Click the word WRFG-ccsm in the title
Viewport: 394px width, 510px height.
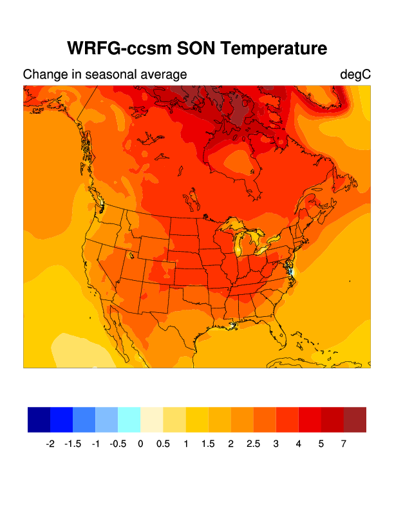tap(120, 49)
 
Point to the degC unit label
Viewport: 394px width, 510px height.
tap(355, 75)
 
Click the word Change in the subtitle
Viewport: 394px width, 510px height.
tap(44, 75)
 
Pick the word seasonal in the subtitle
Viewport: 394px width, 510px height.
tap(111, 75)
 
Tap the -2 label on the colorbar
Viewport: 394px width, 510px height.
tap(50, 444)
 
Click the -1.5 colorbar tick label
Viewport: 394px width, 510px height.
tap(73, 444)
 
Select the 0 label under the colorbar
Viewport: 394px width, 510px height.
tap(140, 444)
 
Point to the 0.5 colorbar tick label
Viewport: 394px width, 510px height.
tap(163, 444)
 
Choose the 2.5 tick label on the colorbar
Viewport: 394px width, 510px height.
tap(253, 444)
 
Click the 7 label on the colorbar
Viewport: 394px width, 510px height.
tap(344, 444)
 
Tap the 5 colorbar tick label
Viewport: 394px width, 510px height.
tap(321, 444)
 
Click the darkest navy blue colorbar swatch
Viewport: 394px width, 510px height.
tap(39, 419)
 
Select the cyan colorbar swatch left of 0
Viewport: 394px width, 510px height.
tap(129, 419)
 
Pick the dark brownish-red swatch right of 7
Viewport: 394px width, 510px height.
tap(355, 419)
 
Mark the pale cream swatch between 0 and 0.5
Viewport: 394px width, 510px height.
tap(152, 419)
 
